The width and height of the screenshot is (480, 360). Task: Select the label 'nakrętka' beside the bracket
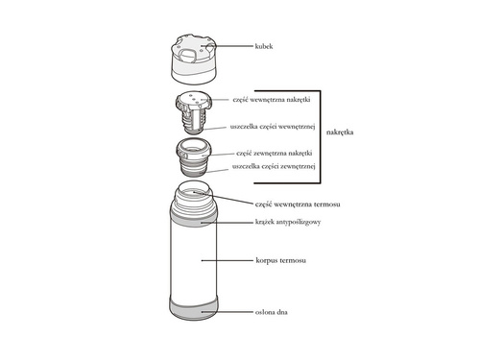(x=343, y=132)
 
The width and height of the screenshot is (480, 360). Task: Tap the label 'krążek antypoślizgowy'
(x=287, y=222)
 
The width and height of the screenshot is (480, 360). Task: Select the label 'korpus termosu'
(x=279, y=260)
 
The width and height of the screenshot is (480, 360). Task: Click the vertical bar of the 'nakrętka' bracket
(x=318, y=135)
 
